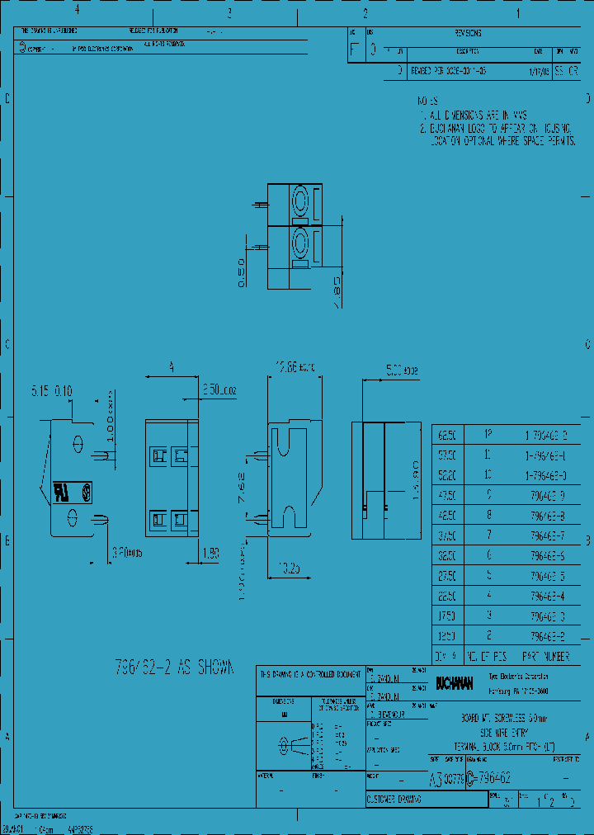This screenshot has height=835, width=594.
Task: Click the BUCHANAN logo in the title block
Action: [455, 683]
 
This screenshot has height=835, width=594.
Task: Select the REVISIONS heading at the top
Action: [467, 34]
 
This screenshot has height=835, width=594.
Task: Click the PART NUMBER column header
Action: [545, 657]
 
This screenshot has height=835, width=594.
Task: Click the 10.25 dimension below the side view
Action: [289, 568]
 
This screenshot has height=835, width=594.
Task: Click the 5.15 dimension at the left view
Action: [40, 389]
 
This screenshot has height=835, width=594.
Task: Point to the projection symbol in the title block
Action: [289, 745]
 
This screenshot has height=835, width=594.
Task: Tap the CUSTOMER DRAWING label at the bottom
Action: [394, 800]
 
